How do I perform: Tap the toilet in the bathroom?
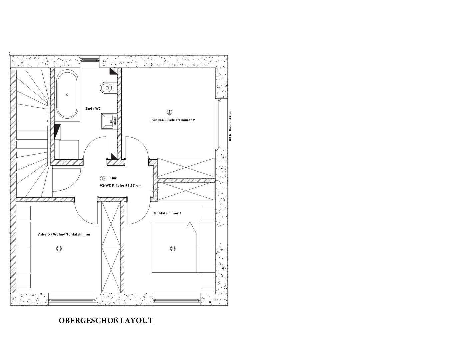click(106, 88)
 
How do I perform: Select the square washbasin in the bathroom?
click(108, 120)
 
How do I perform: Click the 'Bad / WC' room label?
click(93, 109)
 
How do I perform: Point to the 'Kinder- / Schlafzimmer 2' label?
click(173, 120)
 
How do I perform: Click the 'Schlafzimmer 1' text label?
click(168, 213)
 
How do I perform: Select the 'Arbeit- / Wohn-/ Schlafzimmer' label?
click(64, 234)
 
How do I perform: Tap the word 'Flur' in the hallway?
click(113, 178)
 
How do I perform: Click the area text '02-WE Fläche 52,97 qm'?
click(121, 185)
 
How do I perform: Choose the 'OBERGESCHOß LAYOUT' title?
click(106, 321)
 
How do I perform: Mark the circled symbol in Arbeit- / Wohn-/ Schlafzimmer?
click(59, 248)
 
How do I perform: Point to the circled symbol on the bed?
click(173, 248)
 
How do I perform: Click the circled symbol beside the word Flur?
click(103, 179)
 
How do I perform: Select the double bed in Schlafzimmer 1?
click(183, 247)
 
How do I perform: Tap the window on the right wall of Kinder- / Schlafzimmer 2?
click(219, 124)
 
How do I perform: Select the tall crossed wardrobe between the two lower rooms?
click(110, 247)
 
